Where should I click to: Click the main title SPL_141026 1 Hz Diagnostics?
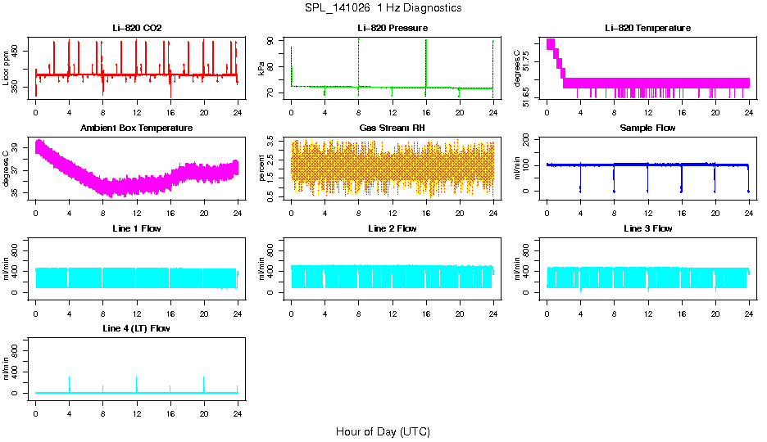[x=383, y=8]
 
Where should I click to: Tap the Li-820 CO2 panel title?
[x=137, y=29]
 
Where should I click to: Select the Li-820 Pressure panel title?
[x=392, y=29]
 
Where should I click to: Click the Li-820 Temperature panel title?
[x=647, y=29]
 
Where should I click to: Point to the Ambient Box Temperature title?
[x=137, y=129]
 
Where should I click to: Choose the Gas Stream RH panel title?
[x=392, y=129]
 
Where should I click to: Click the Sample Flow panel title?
[x=647, y=129]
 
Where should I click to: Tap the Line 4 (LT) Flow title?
[x=137, y=328]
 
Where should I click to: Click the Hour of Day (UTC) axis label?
[x=383, y=431]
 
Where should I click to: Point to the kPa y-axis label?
[x=262, y=69]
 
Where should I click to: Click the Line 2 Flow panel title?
[x=392, y=228]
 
